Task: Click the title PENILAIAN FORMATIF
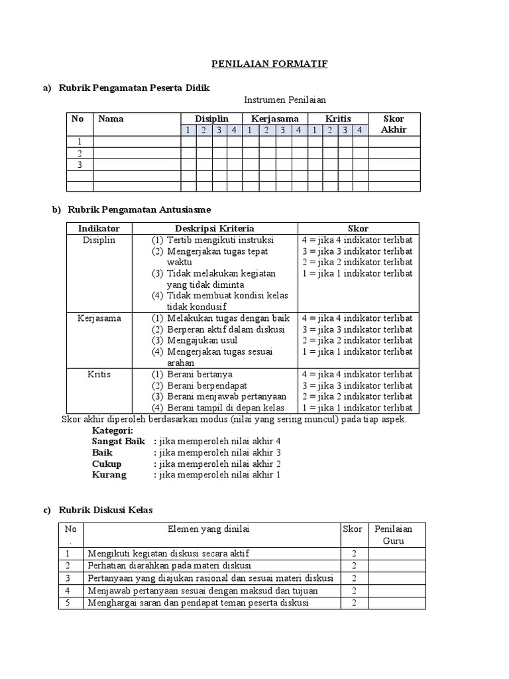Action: pyautogui.click(x=269, y=64)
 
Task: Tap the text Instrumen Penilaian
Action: pyautogui.click(x=285, y=100)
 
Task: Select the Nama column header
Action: pyautogui.click(x=111, y=119)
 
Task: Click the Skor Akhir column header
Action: pyautogui.click(x=394, y=124)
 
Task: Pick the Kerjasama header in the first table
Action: pyautogui.click(x=274, y=119)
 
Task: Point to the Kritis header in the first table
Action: pyautogui.click(x=337, y=119)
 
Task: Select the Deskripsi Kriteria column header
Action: pyautogui.click(x=214, y=228)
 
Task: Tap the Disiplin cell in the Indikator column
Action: pyautogui.click(x=99, y=240)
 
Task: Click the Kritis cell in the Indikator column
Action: pyautogui.click(x=99, y=374)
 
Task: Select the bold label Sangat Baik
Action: pyautogui.click(x=118, y=441)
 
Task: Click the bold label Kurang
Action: pyautogui.click(x=109, y=475)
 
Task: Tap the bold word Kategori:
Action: pyautogui.click(x=113, y=430)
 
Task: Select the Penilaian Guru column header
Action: pyautogui.click(x=393, y=534)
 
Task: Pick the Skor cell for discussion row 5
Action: pyautogui.click(x=355, y=603)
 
